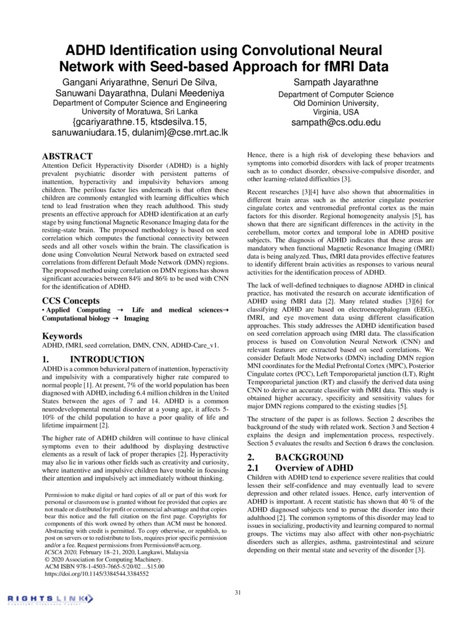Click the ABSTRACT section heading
[67, 156]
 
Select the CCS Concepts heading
[71, 301]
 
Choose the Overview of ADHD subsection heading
[314, 467]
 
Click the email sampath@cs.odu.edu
[336, 122]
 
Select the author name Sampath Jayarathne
[336, 83]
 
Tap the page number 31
[238, 593]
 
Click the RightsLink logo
[48, 600]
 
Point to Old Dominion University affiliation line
[336, 103]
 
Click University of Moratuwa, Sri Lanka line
[139, 112]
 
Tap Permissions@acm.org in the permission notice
[180, 545]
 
